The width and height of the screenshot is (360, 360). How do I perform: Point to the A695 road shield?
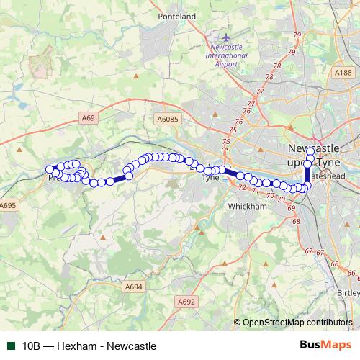[x=8, y=206]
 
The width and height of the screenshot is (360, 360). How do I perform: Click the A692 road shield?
[x=186, y=302]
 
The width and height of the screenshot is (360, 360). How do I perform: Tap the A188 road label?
[x=343, y=72]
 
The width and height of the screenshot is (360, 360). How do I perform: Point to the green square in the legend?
[x=10, y=346]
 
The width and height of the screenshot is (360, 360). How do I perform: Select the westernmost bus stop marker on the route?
[x=50, y=170]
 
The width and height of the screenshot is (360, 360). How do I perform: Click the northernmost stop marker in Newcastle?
[x=310, y=150]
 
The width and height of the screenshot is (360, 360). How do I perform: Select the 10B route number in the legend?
[x=30, y=346]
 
